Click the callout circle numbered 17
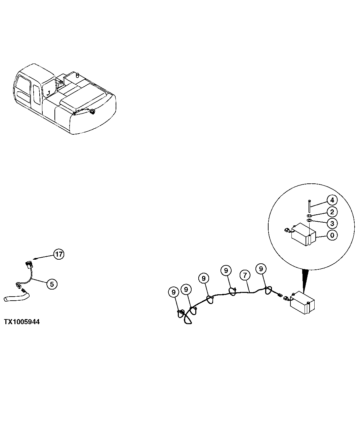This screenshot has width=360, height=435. (59, 254)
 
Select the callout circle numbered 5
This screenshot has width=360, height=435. (52, 284)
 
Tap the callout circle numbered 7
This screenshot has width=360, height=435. (245, 275)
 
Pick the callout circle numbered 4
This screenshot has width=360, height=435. (332, 201)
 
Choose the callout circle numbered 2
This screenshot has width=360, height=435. (332, 212)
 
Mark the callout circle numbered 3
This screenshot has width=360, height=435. (332, 223)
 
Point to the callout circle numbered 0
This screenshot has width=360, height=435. (332, 235)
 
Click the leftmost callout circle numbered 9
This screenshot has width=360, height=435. (173, 292)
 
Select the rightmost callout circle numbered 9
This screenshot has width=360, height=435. (261, 269)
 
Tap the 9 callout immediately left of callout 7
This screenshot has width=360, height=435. (226, 270)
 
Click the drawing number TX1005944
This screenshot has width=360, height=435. (22, 322)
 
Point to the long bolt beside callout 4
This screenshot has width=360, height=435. (309, 206)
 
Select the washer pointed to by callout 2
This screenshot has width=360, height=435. (309, 215)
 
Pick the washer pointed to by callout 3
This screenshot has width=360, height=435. (309, 221)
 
